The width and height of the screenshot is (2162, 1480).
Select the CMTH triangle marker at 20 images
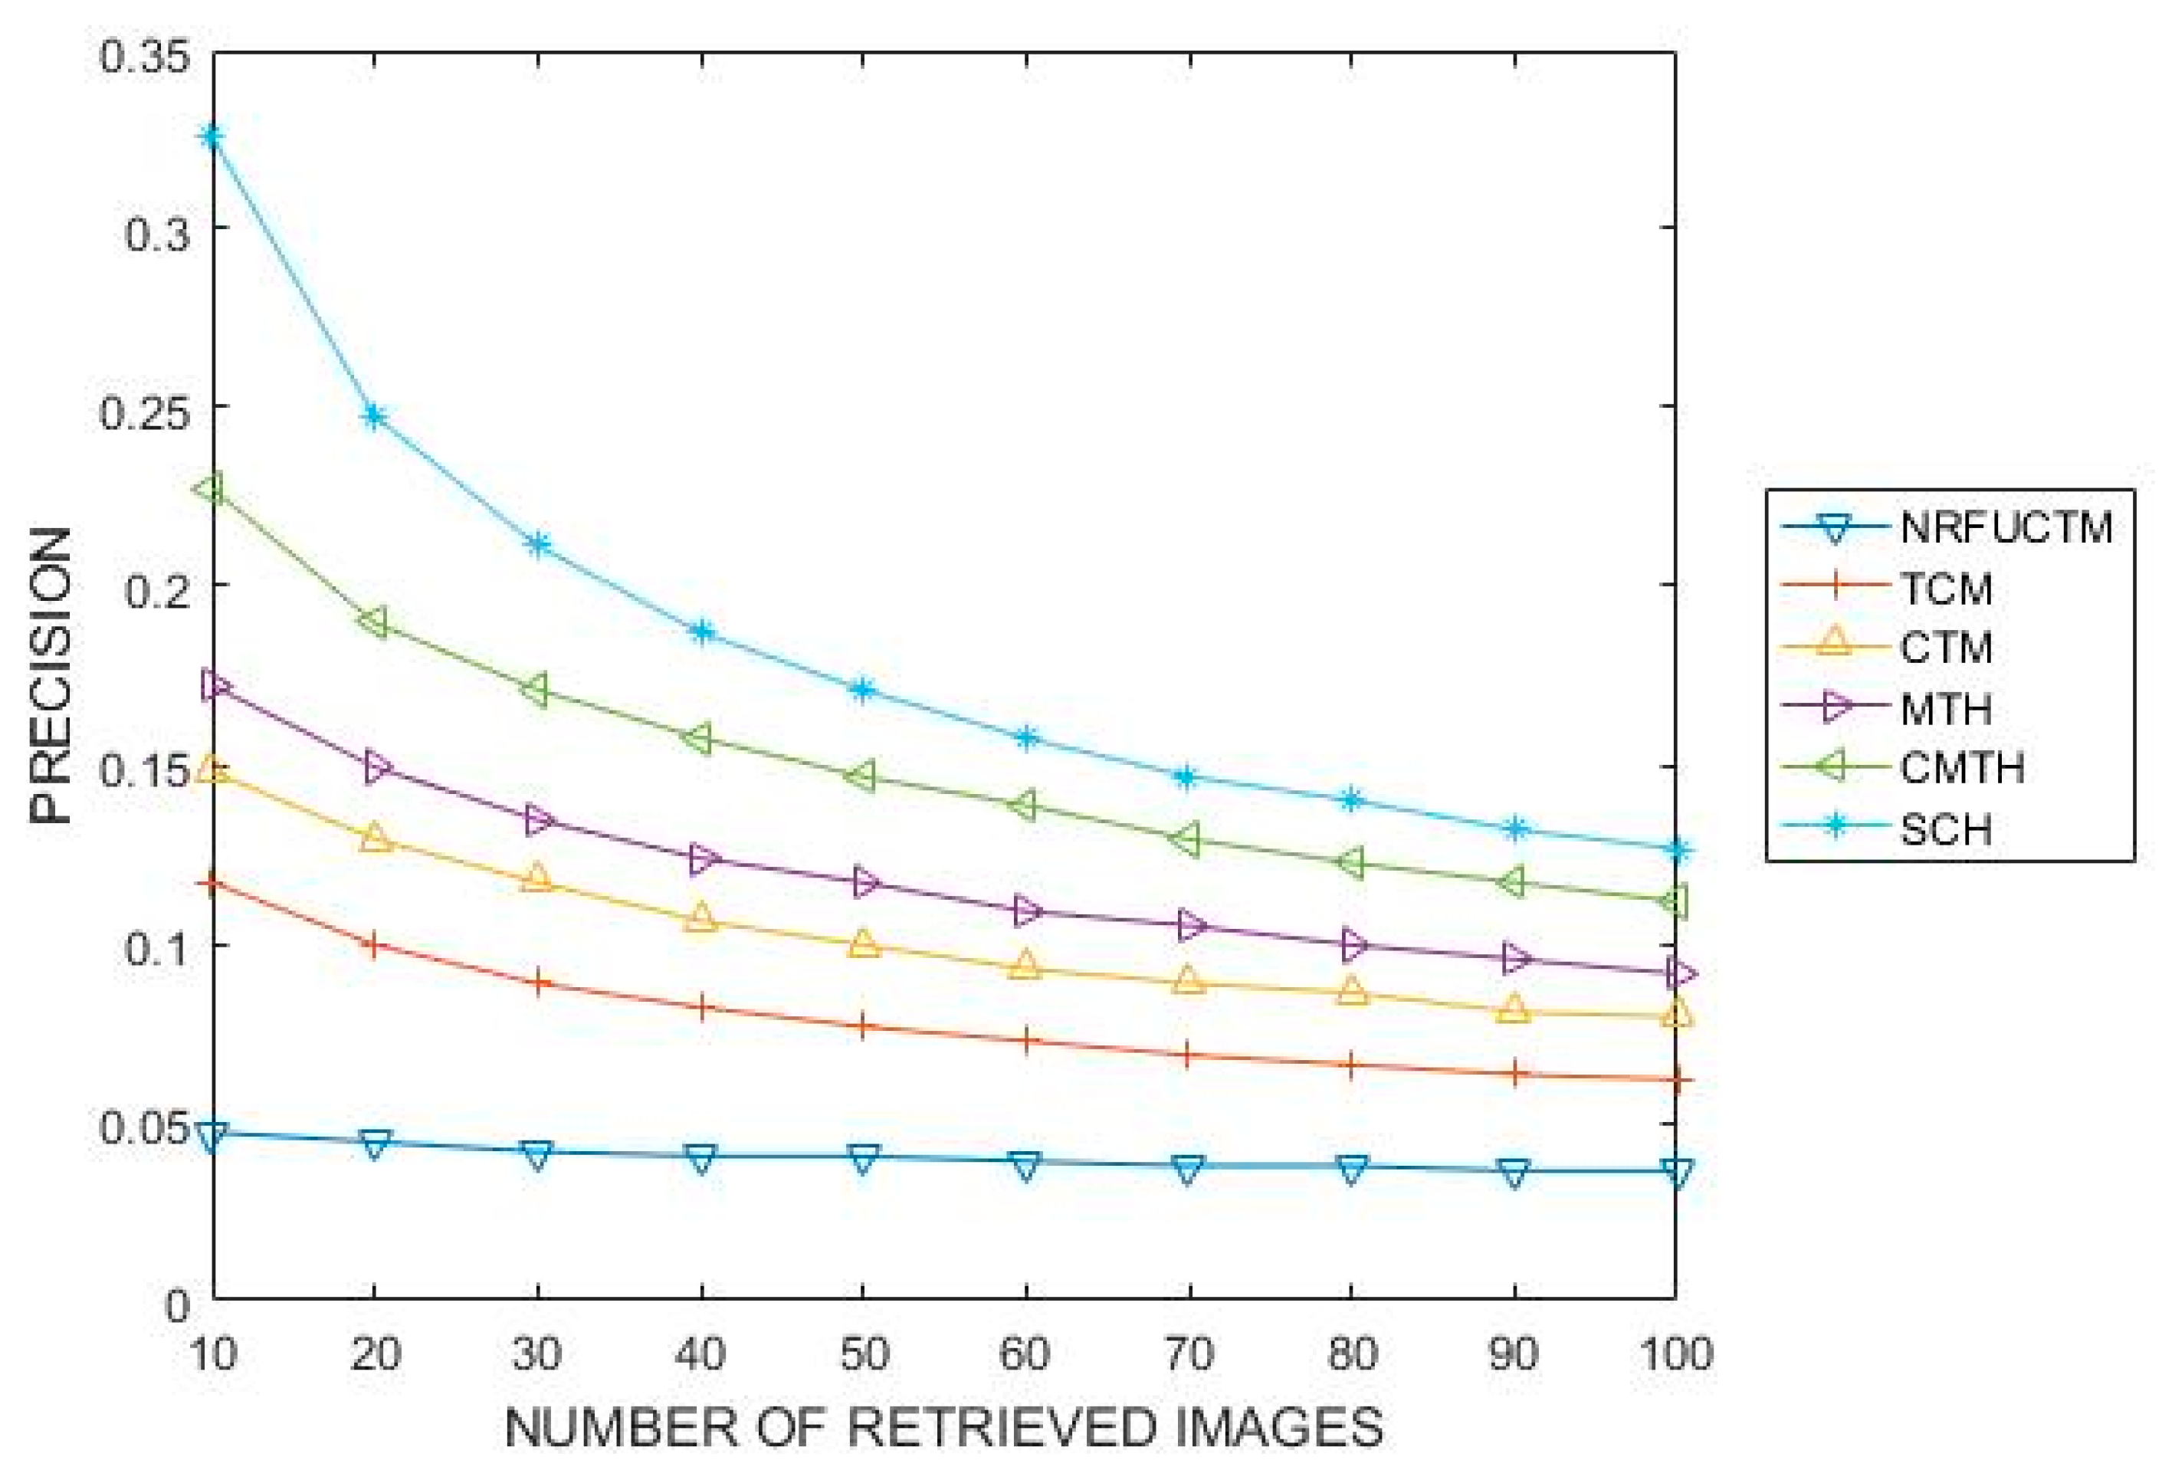(374, 622)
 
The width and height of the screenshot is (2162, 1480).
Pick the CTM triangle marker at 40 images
(701, 919)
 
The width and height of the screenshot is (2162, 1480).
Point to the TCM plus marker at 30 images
(539, 983)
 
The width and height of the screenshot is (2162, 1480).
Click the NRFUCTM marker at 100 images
(1676, 1171)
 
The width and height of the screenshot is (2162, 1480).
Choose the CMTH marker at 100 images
(1675, 901)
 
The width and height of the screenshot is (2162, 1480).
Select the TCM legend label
(1945, 589)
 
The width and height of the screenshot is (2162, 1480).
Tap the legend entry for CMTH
(1962, 769)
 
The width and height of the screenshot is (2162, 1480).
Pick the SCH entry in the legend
(1945, 829)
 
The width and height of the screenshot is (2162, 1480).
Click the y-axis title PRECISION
(51, 675)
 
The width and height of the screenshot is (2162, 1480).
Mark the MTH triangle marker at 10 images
(215, 685)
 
